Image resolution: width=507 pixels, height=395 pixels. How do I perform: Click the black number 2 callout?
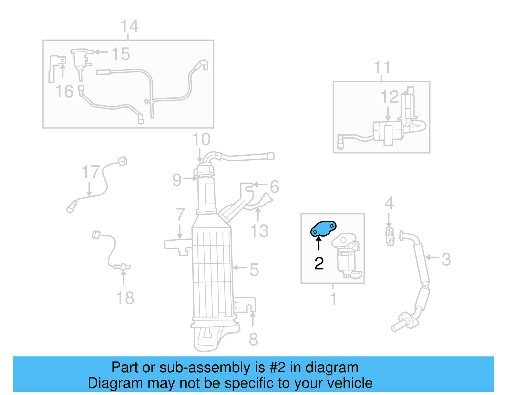319,263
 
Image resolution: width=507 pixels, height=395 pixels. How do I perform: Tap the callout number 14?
129,26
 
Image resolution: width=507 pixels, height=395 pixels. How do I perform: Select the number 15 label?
121,54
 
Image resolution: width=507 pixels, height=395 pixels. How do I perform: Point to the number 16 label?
64,91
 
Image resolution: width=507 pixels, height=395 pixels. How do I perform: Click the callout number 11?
382,67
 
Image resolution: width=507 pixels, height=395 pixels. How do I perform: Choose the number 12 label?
389,97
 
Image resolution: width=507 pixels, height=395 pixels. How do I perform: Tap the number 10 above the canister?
201,139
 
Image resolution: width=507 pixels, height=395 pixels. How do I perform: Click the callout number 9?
177,180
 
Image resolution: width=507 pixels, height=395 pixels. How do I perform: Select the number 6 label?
274,187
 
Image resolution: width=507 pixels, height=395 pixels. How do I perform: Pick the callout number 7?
180,214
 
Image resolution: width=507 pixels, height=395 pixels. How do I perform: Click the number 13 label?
260,231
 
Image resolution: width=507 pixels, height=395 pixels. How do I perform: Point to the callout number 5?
254,270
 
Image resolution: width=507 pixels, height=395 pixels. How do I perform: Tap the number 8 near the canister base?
253,339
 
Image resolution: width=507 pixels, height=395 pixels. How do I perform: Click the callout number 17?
91,172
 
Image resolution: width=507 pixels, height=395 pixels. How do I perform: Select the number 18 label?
125,298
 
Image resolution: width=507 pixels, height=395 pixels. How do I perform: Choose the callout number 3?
446,259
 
